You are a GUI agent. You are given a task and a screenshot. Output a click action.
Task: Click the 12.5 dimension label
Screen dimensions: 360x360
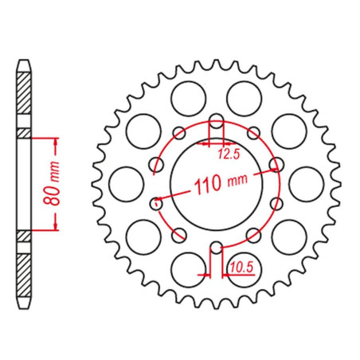coord(229,154)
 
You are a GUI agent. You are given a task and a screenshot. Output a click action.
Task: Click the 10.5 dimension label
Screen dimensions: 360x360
coord(242,268)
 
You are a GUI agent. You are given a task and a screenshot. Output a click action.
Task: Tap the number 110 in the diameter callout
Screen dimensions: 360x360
coord(208,184)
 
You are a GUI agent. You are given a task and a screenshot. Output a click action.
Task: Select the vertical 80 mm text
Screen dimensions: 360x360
coord(51,183)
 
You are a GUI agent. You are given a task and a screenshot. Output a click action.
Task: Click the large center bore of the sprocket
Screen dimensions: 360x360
coord(217,184)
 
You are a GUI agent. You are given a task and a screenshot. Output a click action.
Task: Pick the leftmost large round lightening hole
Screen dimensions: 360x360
coord(127,184)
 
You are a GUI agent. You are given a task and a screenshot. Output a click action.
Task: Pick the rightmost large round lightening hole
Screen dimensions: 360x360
coord(307,184)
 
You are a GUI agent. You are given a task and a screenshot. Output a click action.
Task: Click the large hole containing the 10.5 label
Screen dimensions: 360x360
coord(245,270)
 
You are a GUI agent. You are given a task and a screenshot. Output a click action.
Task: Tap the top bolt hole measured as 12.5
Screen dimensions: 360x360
coord(217,121)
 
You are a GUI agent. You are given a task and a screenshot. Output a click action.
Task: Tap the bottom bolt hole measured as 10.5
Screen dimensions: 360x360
coord(217,248)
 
